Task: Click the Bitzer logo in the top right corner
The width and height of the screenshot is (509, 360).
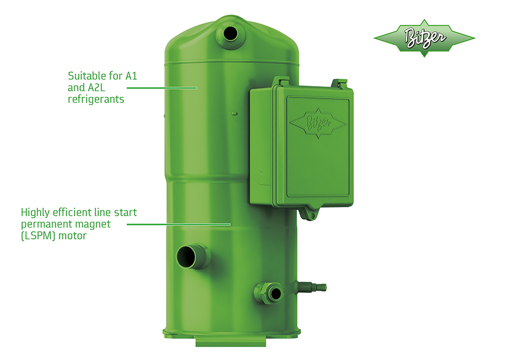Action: coord(424,38)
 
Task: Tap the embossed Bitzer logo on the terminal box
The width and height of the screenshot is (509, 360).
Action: coord(316,121)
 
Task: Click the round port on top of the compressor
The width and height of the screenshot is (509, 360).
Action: coord(231,33)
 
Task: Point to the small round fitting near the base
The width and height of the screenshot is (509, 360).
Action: coord(275,293)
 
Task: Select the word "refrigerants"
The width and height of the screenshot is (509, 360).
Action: coord(96,99)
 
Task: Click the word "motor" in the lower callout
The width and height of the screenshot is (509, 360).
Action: coord(73,236)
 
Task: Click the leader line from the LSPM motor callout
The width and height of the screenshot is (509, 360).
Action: coord(178,224)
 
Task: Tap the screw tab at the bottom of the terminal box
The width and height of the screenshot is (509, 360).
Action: coord(310,215)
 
